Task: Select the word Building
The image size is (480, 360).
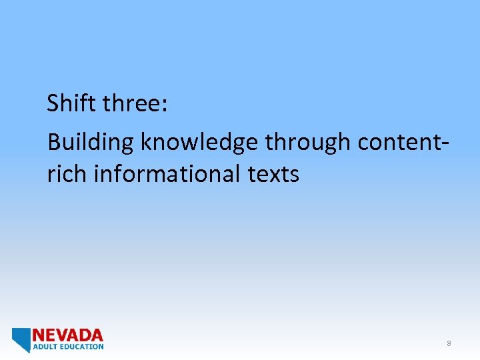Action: (x=91, y=142)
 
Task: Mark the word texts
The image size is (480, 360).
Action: (x=273, y=175)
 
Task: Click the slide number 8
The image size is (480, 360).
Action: (x=449, y=343)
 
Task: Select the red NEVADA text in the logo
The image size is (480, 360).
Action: (x=68, y=335)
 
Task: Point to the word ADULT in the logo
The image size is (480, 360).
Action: (x=44, y=347)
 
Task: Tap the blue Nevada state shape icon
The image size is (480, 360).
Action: (x=21, y=339)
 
